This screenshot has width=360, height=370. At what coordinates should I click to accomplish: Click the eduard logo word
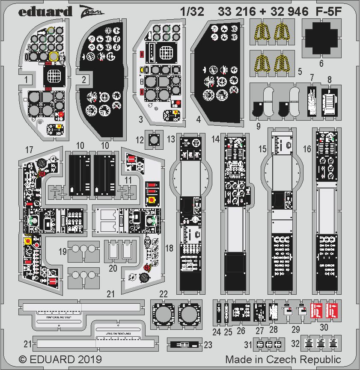(45, 11)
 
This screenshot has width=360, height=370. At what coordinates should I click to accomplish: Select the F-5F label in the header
(329, 12)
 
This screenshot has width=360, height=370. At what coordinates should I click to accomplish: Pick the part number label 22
(163, 293)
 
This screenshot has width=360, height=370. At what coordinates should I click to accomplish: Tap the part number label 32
(295, 343)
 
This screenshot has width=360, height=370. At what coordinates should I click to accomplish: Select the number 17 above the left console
(29, 150)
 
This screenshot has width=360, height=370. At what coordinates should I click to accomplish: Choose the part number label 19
(62, 252)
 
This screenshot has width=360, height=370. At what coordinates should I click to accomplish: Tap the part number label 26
(241, 331)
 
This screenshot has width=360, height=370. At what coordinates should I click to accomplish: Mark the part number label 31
(248, 344)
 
